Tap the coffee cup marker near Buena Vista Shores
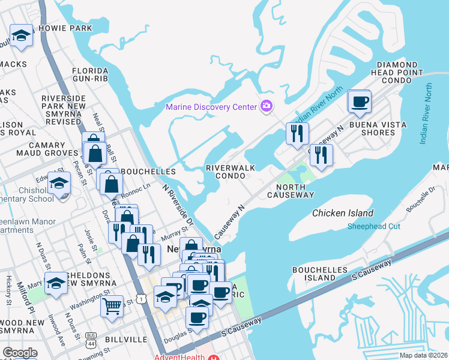pyautogui.click(x=360, y=102)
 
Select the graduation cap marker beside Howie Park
pyautogui.click(x=21, y=36)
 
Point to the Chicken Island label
pyautogui.click(x=343, y=213)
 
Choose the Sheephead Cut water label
pyautogui.click(x=373, y=226)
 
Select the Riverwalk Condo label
pyautogui.click(x=226, y=172)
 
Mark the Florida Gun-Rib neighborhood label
pyautogui.click(x=90, y=74)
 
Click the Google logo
pyautogui.click(x=20, y=353)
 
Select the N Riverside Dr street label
pyautogui.click(x=178, y=204)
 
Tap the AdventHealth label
pyautogui.click(x=180, y=357)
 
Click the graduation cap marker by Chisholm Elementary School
pyautogui.click(x=59, y=184)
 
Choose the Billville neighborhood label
pyautogui.click(x=127, y=340)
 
